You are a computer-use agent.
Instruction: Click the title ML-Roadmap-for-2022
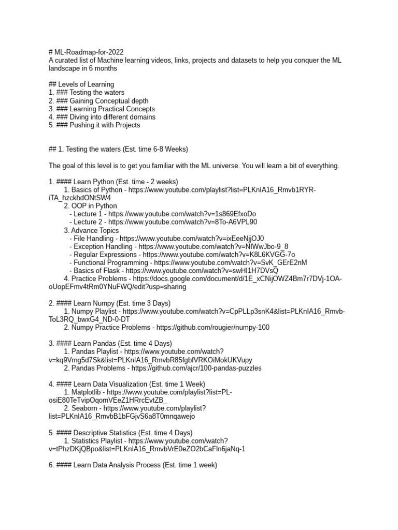pos(90,52)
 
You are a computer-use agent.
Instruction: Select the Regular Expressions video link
pos(219,255)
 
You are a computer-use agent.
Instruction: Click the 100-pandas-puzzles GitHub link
pos(196,368)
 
